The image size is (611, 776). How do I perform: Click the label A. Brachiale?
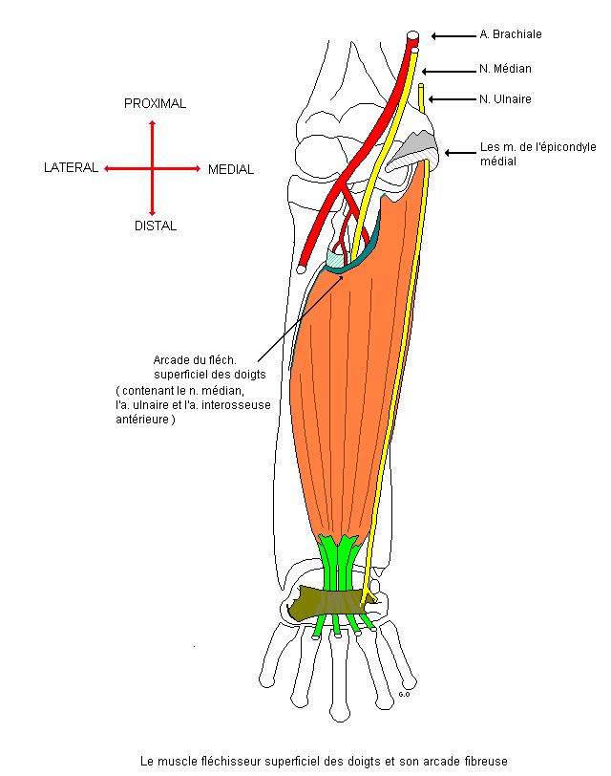click(x=510, y=34)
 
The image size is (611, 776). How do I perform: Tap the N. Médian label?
click(x=505, y=69)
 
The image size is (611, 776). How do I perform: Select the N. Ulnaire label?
click(x=505, y=98)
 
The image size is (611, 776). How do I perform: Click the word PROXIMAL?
click(x=155, y=103)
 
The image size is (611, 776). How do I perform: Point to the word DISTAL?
click(x=155, y=226)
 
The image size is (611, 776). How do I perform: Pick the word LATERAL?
click(x=72, y=168)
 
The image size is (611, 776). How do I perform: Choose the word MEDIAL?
click(x=231, y=169)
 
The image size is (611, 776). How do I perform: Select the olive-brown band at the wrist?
click(x=329, y=602)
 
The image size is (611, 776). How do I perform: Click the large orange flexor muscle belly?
click(x=353, y=382)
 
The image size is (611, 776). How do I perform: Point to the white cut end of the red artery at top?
click(x=413, y=36)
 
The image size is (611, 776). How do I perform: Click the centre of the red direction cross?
click(x=152, y=168)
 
